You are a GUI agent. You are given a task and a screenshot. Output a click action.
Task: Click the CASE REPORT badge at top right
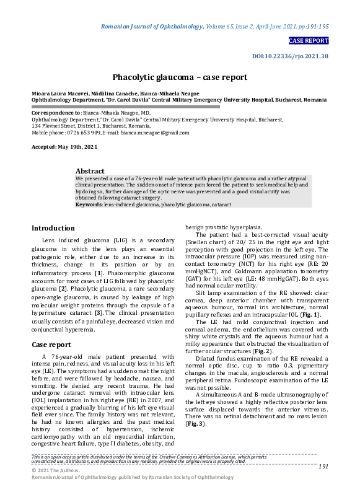[308, 41]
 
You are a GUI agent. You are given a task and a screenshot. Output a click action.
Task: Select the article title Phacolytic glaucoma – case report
[180, 77]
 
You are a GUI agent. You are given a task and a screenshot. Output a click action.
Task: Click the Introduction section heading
[53, 228]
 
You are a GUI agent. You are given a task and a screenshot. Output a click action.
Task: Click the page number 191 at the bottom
[323, 466]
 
